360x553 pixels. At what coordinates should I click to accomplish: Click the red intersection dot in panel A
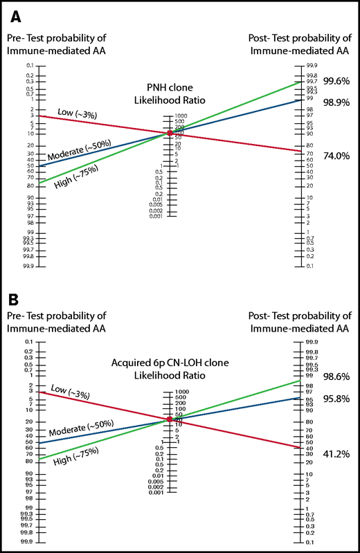pyautogui.click(x=170, y=133)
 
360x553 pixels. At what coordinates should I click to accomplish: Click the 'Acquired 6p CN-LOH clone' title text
pyautogui.click(x=170, y=363)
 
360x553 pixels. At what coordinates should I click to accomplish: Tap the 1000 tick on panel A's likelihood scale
pyautogui.click(x=181, y=116)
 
